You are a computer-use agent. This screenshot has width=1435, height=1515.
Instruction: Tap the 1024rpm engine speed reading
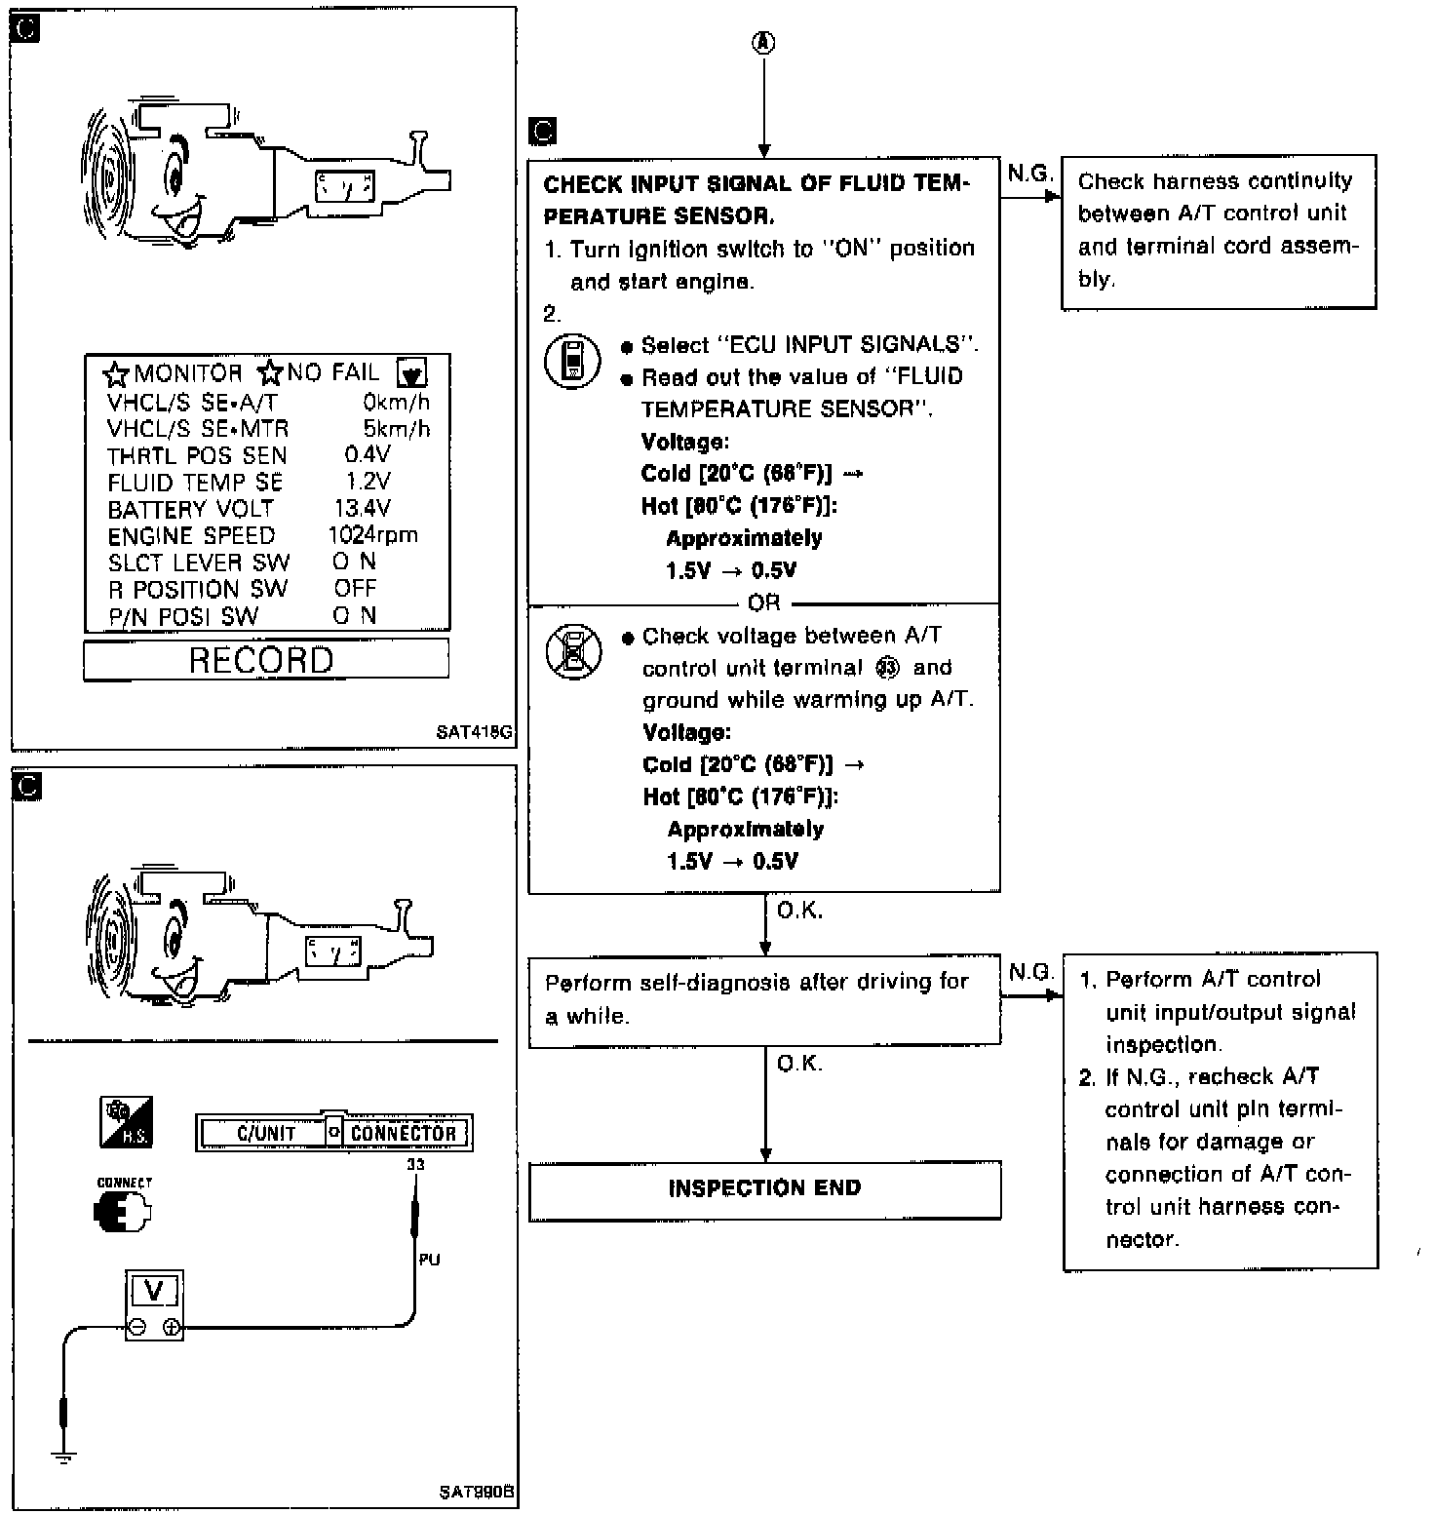click(x=372, y=534)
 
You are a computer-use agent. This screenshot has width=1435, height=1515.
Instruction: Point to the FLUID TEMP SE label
click(x=195, y=483)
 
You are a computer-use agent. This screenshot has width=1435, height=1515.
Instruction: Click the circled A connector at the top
click(x=764, y=43)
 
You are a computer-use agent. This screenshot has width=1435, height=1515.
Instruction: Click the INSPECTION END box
click(x=764, y=1188)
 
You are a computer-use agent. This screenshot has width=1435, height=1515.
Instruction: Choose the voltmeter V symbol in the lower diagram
click(x=154, y=1292)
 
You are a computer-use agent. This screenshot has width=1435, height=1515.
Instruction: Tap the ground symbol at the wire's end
click(x=64, y=1458)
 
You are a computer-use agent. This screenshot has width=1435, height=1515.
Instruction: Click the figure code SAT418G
click(x=475, y=732)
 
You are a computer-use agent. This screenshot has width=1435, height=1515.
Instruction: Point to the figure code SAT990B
click(x=476, y=1492)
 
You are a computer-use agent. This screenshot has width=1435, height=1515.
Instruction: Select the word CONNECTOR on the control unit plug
click(x=404, y=1133)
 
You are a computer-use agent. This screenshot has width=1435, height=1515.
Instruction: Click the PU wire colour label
click(x=429, y=1260)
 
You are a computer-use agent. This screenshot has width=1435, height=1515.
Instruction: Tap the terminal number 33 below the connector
click(x=416, y=1164)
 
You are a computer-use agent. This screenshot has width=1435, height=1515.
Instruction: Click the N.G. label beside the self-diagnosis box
click(x=1031, y=972)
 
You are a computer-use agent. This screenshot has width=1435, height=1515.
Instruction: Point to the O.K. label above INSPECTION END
click(x=799, y=1064)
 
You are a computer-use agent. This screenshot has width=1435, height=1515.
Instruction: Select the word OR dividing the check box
click(x=764, y=602)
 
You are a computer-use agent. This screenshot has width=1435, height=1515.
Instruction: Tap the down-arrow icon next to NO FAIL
click(x=412, y=372)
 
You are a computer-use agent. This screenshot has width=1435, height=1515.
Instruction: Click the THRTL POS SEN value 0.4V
click(x=368, y=454)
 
